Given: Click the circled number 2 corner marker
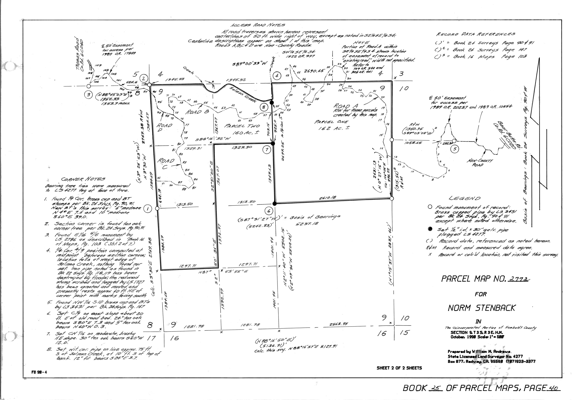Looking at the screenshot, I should coord(144,78).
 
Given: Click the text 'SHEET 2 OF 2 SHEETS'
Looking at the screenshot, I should coord(399,368).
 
